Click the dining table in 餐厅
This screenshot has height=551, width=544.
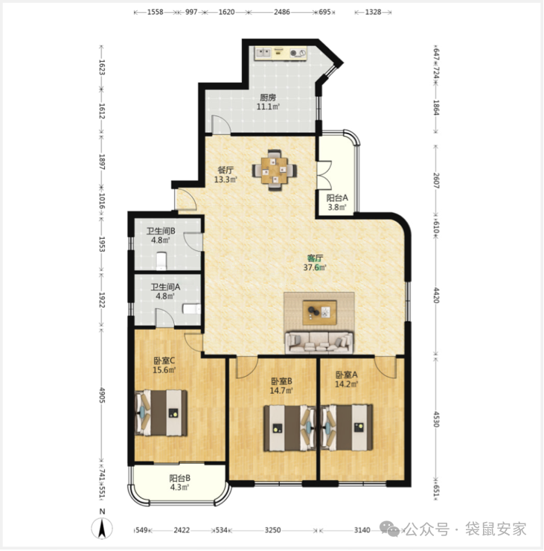click(275, 170)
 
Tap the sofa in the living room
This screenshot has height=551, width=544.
click(319, 343)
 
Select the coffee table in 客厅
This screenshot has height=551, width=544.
click(319, 313)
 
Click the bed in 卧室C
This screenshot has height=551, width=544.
click(161, 413)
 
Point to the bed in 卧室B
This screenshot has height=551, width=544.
click(290, 428)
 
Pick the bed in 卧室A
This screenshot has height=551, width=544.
click(347, 427)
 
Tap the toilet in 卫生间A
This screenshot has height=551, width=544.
click(191, 309)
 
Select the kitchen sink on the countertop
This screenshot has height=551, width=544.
click(263, 53)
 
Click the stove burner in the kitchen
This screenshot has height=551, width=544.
click(298, 54)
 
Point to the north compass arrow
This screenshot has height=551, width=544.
click(102, 529)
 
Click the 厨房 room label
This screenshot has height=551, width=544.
click(268, 98)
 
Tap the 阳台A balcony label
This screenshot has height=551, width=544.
click(337, 198)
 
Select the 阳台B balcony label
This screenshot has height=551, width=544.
click(180, 478)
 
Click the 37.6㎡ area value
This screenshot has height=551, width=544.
click(315, 268)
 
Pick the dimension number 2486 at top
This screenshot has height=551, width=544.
click(282, 12)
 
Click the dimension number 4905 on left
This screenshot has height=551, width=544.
click(102, 395)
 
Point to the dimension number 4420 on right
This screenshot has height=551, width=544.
click(436, 295)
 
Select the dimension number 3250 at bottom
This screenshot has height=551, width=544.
click(272, 530)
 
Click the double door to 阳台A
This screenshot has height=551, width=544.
click(324, 176)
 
